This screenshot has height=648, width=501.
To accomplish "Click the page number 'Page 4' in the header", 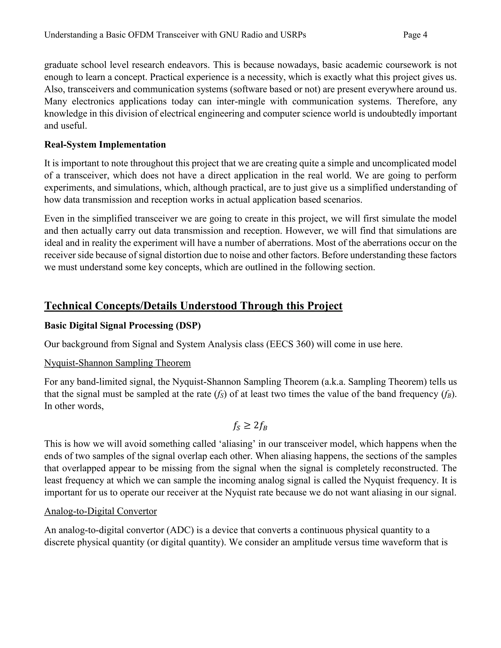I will pyautogui.click(x=415, y=35).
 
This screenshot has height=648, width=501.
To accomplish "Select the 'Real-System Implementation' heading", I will pyautogui.click(x=105, y=145).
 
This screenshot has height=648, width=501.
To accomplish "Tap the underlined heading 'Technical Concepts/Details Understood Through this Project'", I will pyautogui.click(x=193, y=306).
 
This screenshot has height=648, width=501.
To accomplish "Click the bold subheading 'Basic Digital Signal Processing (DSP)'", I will pyautogui.click(x=123, y=325).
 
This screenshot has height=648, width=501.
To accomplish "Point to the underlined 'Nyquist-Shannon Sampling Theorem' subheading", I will pyautogui.click(x=117, y=363).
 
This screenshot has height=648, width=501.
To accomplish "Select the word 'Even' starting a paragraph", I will pyautogui.click(x=53, y=219).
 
